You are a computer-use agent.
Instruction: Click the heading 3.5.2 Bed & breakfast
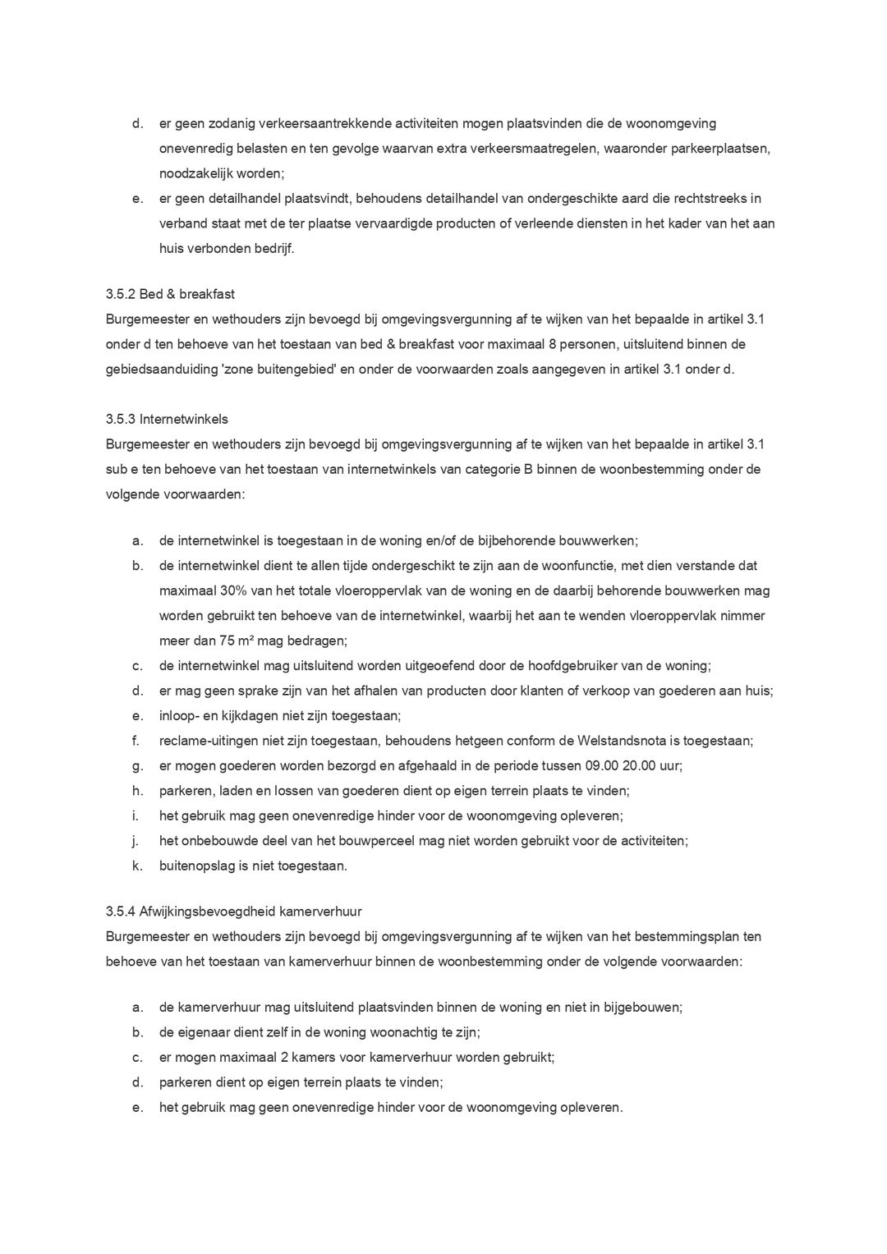click(x=170, y=294)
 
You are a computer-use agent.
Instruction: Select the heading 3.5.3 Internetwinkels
click(x=167, y=420)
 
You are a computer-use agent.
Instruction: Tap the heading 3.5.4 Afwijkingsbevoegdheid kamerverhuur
click(x=233, y=912)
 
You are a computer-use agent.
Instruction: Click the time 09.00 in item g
click(x=602, y=765)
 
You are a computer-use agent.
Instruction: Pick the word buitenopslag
click(x=197, y=866)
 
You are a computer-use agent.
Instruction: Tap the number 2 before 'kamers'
click(x=295, y=1057)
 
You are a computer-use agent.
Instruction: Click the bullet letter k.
click(x=136, y=866)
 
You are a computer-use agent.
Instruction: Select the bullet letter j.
click(x=135, y=841)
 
